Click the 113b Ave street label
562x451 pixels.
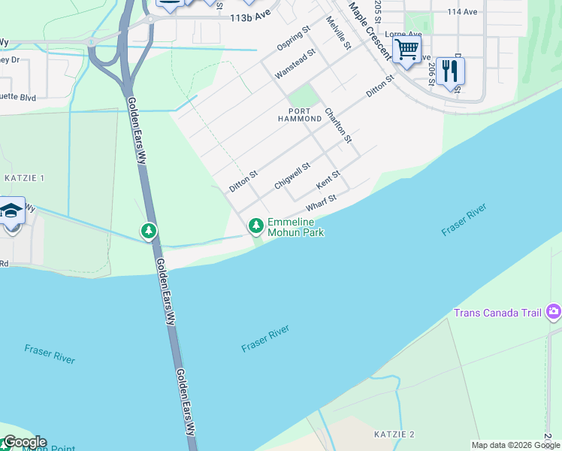[x=251, y=16]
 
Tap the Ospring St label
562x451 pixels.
[x=293, y=40]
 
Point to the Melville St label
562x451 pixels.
[x=339, y=33]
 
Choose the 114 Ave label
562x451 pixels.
[x=462, y=12]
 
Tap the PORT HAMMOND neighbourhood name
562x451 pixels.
[x=300, y=114]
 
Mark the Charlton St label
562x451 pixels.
[x=338, y=125]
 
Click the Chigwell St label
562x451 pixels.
[x=292, y=176]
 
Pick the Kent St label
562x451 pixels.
[x=328, y=179]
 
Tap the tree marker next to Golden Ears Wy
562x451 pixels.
[x=150, y=230]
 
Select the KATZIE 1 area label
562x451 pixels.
[x=25, y=178]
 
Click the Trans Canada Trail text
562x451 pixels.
[x=498, y=313]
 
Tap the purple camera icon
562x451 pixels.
[x=554, y=310]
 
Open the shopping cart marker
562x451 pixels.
[x=406, y=50]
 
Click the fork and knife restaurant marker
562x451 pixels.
[x=450, y=71]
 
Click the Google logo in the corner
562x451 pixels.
[x=24, y=442]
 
